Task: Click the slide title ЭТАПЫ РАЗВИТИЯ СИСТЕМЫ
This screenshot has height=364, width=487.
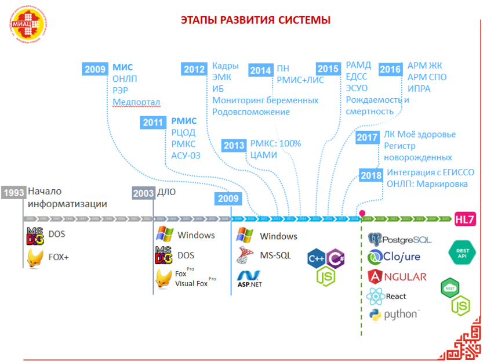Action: point(256,20)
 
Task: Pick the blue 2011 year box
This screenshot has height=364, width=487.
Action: point(152,122)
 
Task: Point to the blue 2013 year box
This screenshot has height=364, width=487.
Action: point(234,145)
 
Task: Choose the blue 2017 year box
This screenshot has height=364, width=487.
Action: point(368,138)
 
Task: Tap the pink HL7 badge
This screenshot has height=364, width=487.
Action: point(465,219)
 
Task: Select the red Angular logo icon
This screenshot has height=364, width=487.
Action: point(375,277)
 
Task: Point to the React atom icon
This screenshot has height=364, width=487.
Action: point(375,296)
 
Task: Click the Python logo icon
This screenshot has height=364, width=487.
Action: point(375,315)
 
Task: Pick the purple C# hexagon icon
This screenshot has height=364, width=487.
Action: point(336,257)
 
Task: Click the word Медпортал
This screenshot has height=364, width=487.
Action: point(136,102)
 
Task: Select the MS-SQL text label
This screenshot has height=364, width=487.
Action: point(275,255)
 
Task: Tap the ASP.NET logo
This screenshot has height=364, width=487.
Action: point(249,277)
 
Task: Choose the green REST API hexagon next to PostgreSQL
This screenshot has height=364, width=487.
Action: point(462,252)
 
